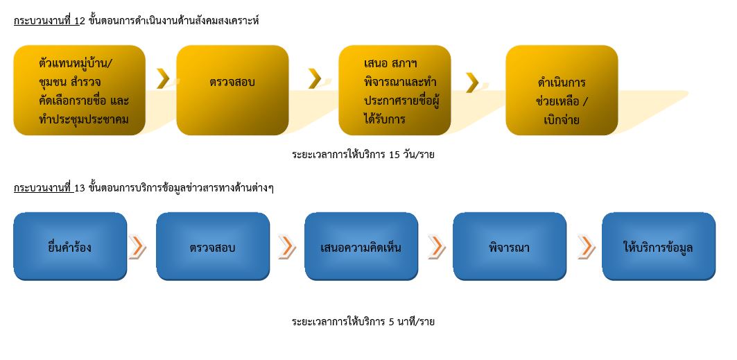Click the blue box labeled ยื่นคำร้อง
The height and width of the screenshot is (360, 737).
click(70, 247)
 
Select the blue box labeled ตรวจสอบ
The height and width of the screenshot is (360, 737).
click(213, 247)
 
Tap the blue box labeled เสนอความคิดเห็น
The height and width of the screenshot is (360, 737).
click(361, 247)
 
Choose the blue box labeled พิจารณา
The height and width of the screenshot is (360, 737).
click(510, 247)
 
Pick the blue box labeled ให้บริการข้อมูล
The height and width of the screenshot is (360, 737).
click(659, 247)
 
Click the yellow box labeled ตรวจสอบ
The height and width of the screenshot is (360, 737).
click(233, 90)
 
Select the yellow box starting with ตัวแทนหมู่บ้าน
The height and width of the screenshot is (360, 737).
click(80, 90)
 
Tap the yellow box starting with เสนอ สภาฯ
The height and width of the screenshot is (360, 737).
click(394, 90)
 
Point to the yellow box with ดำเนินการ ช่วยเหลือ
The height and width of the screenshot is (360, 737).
click(562, 90)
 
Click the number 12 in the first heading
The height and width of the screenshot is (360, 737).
click(80, 21)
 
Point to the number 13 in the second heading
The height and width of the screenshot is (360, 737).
click(80, 189)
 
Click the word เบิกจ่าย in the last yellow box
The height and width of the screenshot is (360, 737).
click(562, 120)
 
